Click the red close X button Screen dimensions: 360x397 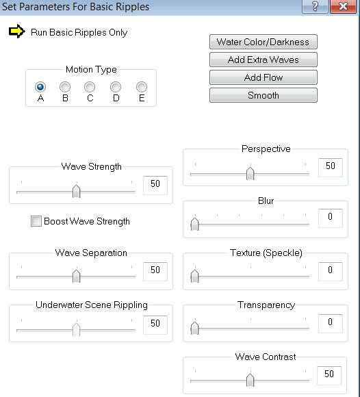click(x=344, y=6)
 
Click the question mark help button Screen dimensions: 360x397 click(x=316, y=6)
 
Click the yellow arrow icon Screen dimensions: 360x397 click(x=17, y=31)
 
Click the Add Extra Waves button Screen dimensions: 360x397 click(x=263, y=60)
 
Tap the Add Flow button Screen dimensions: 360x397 click(x=263, y=77)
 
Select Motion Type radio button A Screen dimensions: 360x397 click(x=40, y=87)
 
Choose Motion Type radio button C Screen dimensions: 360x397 click(x=90, y=87)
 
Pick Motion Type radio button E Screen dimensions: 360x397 click(x=142, y=87)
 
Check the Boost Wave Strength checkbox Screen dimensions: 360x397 click(x=36, y=221)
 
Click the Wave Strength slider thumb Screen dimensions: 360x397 click(x=76, y=191)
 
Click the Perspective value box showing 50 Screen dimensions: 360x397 click(x=331, y=168)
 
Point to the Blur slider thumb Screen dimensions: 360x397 click(x=194, y=224)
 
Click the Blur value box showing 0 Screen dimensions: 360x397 click(x=331, y=218)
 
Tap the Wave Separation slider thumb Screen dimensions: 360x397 click(x=76, y=276)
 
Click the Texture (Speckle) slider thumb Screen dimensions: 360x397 click(x=194, y=276)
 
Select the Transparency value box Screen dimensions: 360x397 click(x=331, y=323)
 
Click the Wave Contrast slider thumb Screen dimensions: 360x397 click(x=250, y=380)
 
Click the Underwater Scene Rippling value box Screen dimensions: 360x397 click(x=155, y=325)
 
